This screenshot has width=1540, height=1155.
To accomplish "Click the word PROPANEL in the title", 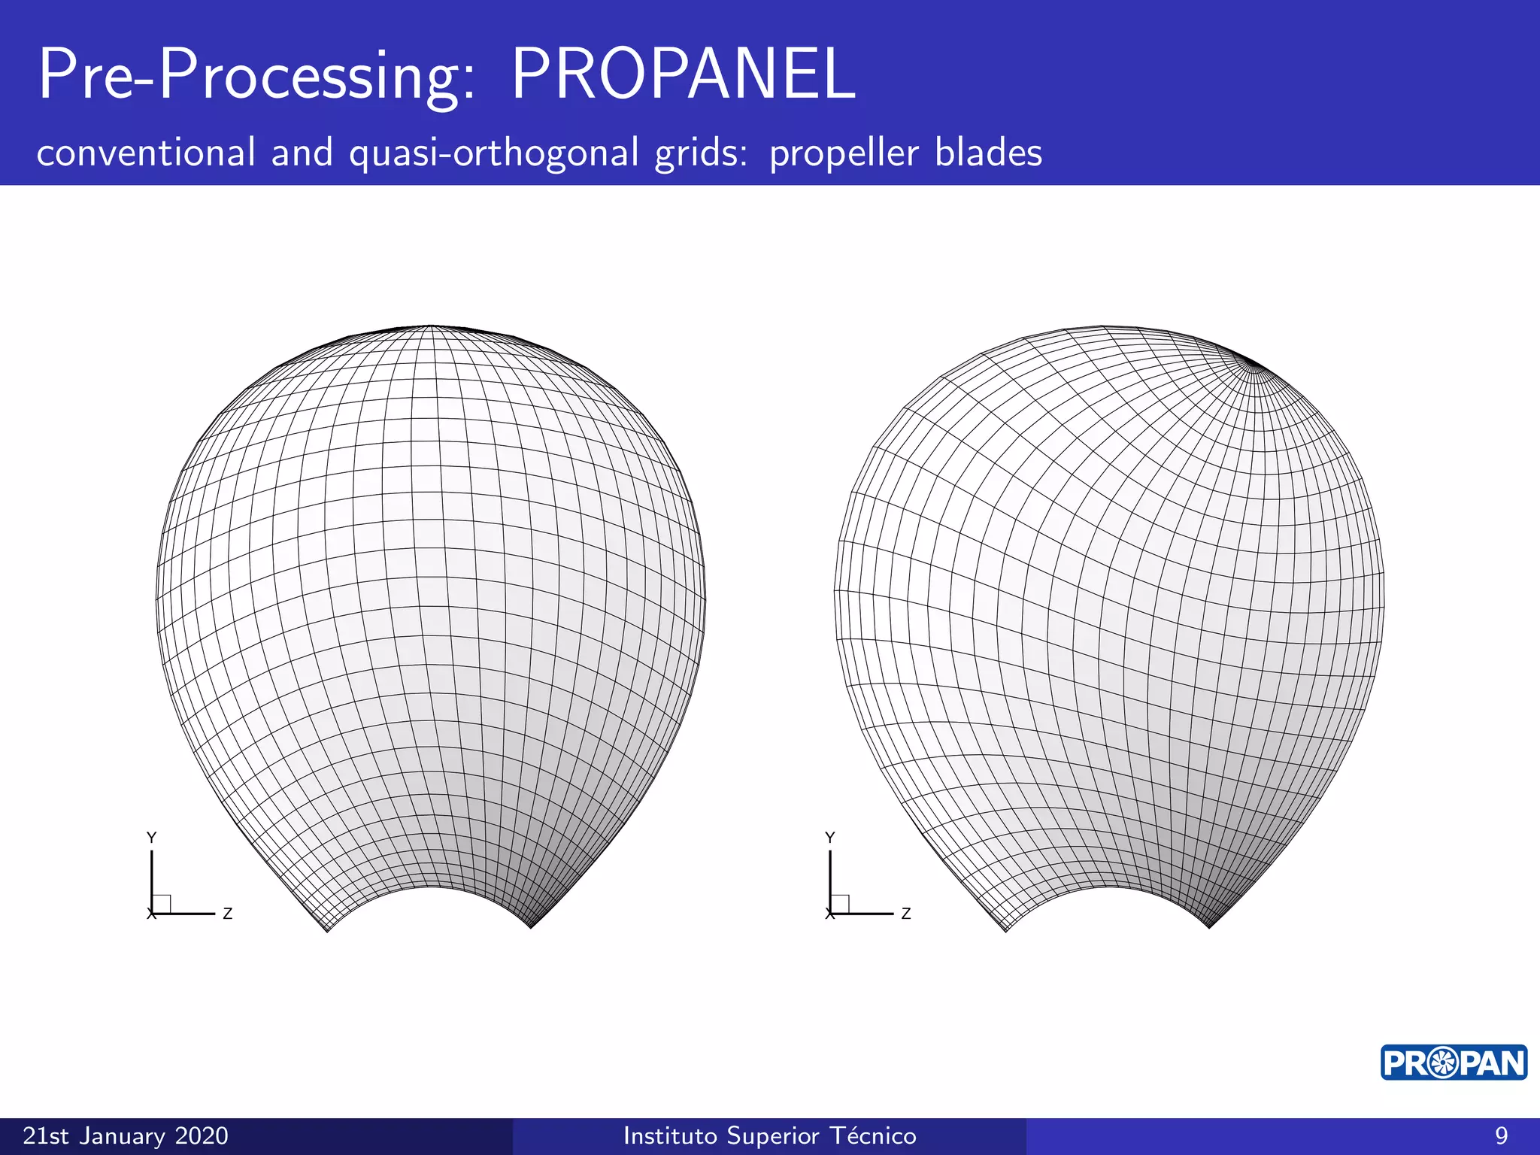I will pos(683,74).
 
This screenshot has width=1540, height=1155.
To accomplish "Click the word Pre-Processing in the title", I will pos(256,74).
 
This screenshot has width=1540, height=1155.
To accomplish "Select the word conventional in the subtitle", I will pos(146,153).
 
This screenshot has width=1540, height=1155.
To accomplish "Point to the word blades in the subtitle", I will pos(988,153).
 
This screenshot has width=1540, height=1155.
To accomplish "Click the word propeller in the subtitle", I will pos(844,153).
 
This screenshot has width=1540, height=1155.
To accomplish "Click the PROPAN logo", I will pos(1453,1063).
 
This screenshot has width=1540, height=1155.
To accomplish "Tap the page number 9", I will pos(1501,1135).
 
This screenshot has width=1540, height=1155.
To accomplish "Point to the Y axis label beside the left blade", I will pos(151,838).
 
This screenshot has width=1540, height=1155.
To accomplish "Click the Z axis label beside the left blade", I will pos(228,914).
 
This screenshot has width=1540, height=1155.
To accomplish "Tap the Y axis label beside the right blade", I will pos(829,838).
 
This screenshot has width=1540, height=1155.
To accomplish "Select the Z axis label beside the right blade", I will pos(906,914).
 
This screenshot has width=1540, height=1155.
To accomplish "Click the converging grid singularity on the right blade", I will pos(1252,365).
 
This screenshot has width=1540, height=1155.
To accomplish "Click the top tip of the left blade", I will pos(431,326).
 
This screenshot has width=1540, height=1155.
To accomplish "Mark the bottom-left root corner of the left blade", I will pos(328,931).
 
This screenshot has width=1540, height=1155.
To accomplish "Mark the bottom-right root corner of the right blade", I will pos(1209,927).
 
